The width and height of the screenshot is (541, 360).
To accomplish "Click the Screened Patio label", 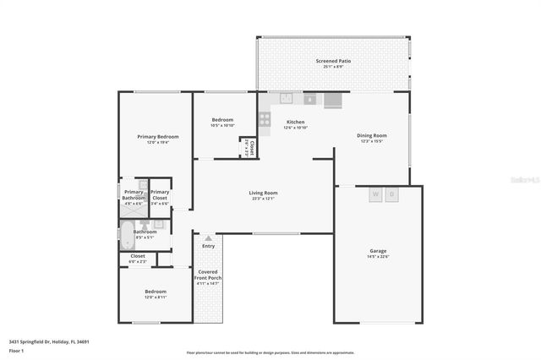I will [334, 61].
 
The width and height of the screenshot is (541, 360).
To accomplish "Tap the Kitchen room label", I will [295, 123].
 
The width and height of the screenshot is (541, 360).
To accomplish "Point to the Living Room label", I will [263, 193].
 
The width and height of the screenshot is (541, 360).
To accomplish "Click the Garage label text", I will [378, 251].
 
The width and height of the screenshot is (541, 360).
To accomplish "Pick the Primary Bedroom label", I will [158, 136].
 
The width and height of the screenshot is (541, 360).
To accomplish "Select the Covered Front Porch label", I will [208, 275].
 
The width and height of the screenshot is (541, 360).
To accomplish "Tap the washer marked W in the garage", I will [375, 194].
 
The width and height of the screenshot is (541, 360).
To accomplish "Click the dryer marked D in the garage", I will [392, 194].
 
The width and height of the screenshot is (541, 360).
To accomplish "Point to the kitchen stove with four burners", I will [265, 120].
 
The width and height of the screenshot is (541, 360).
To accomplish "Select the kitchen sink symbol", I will [287, 98].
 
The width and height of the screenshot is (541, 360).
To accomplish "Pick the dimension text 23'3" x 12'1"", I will [263, 199].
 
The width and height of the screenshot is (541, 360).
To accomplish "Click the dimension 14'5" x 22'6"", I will [378, 258].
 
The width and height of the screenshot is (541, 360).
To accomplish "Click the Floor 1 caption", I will [15, 350].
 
